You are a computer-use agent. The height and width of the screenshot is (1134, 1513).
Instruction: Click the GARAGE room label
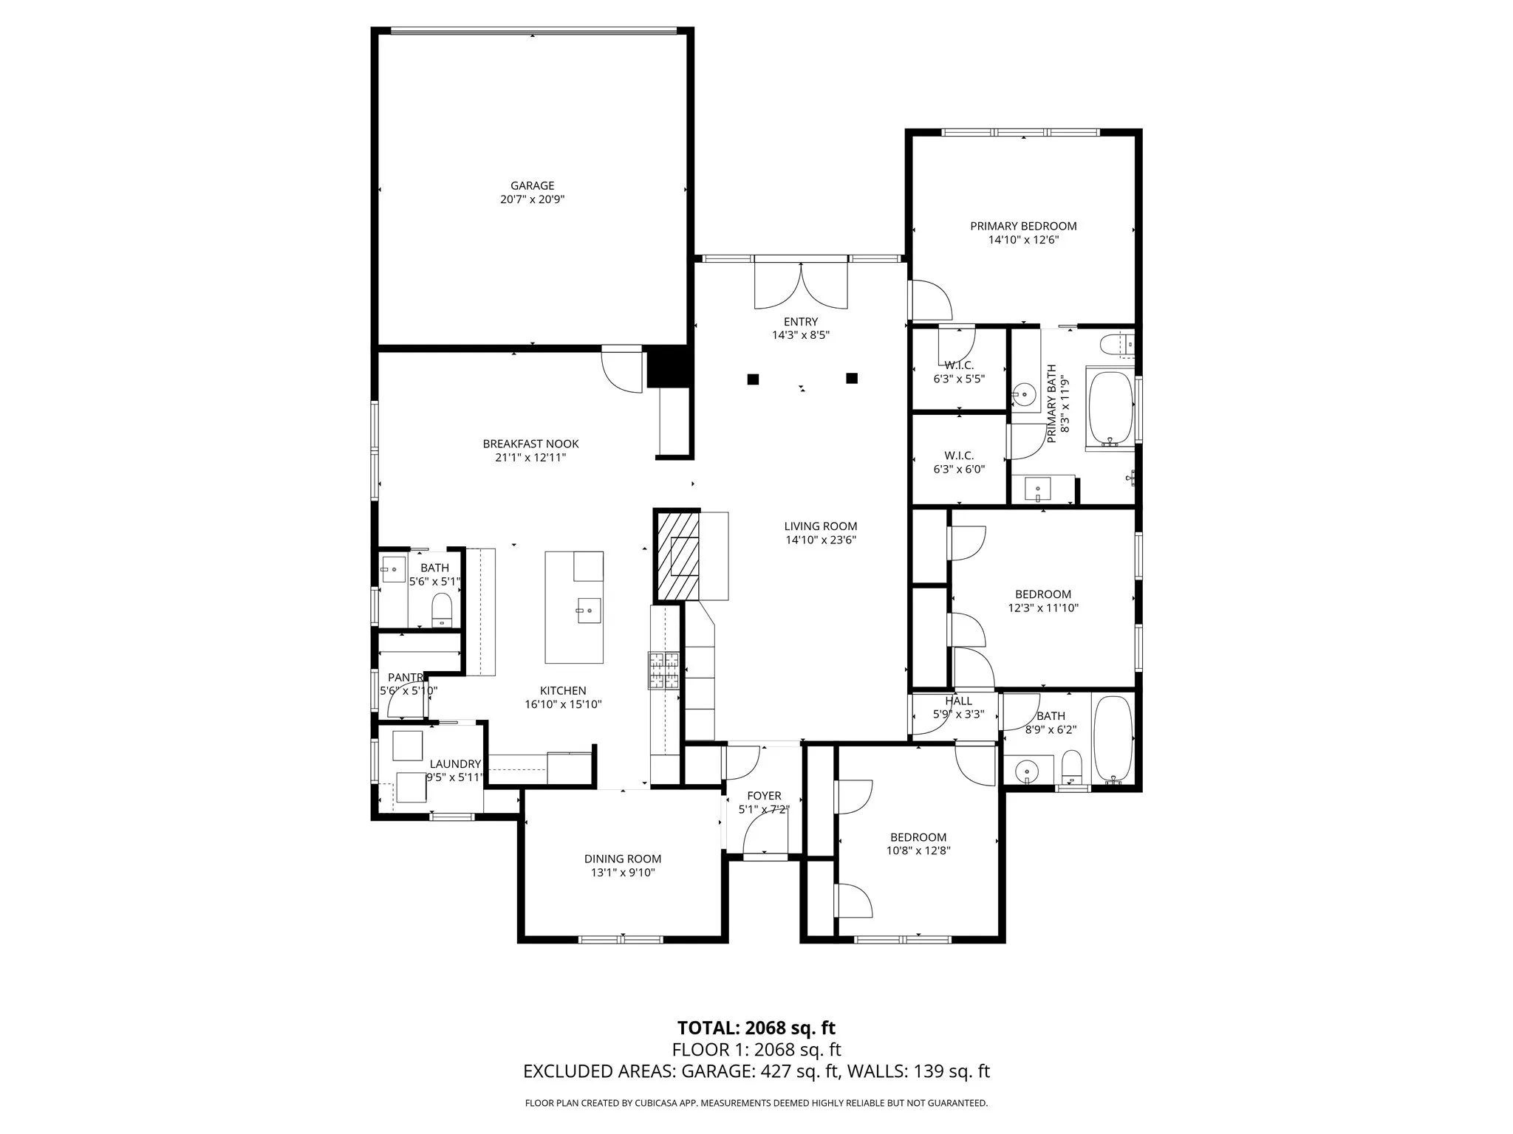[532, 185]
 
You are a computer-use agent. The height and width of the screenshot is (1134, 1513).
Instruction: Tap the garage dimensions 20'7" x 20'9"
[532, 199]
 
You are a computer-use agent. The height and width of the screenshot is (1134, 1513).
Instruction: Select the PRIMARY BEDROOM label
[1023, 226]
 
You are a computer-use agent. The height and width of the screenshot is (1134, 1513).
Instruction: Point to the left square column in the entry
[753, 379]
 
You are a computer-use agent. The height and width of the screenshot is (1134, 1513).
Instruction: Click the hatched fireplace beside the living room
[677, 556]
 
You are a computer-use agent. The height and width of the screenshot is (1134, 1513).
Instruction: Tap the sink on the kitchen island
[589, 611]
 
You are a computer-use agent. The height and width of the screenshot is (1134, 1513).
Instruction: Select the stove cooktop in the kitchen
[663, 670]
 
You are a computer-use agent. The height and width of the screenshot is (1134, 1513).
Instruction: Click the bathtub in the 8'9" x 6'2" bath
[1112, 738]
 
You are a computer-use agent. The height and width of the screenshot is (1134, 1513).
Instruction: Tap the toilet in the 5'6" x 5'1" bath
[442, 609]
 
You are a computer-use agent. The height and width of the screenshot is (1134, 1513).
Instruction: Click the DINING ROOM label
[622, 859]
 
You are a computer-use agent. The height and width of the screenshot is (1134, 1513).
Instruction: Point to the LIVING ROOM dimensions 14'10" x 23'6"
[820, 540]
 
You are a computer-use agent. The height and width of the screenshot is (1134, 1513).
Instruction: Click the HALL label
[958, 701]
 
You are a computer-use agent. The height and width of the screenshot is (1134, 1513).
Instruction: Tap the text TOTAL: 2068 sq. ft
[756, 1028]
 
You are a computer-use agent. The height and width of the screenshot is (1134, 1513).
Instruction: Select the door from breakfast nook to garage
[621, 369]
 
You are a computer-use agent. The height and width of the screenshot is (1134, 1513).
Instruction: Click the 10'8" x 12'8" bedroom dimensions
[918, 850]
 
